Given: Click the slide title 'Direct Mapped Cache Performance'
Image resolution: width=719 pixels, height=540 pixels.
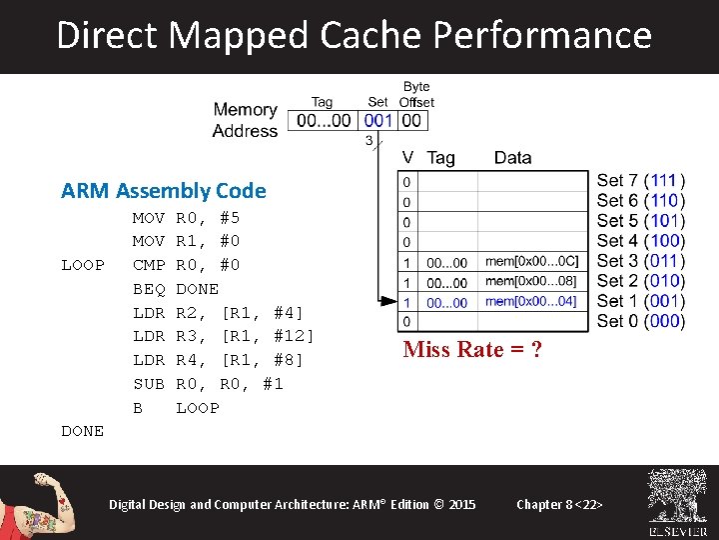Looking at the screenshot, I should (x=355, y=35).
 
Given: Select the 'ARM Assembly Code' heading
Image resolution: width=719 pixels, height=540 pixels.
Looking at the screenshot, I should (x=163, y=190).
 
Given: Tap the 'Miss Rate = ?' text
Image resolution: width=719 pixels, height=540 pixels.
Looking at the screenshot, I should (x=472, y=349).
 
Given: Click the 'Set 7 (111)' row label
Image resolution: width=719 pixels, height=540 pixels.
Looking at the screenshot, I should (x=640, y=181).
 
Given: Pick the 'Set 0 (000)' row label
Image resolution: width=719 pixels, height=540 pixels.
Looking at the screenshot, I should (x=640, y=321).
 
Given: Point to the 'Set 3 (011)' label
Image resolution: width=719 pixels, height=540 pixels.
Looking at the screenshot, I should (x=640, y=261).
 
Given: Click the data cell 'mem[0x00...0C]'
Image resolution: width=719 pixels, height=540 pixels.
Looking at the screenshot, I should (x=531, y=262).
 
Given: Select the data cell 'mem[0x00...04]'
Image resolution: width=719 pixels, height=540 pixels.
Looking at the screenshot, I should (x=531, y=301).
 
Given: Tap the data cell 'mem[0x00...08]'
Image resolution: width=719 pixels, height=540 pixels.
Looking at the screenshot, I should (x=531, y=281).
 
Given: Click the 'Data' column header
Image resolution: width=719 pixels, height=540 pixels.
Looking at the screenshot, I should (x=512, y=158).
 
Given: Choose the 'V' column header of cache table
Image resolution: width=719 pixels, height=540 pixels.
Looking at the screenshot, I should (x=407, y=158).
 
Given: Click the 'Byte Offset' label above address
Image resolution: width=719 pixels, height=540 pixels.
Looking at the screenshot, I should (x=416, y=95).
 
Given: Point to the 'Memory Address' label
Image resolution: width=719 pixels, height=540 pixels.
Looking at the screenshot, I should (x=245, y=120).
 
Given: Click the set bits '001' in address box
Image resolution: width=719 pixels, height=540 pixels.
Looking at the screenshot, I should (x=378, y=121).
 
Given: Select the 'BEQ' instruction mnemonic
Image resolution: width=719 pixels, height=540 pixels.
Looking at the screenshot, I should (x=149, y=289).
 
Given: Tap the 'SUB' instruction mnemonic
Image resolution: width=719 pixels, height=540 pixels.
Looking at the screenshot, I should (x=149, y=384).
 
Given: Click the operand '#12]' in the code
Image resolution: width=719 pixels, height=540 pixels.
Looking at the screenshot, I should (x=294, y=336).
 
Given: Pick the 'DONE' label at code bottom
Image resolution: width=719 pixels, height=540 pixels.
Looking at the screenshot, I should (x=82, y=431).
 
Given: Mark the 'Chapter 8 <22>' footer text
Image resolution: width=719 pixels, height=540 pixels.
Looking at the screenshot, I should (x=559, y=504).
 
